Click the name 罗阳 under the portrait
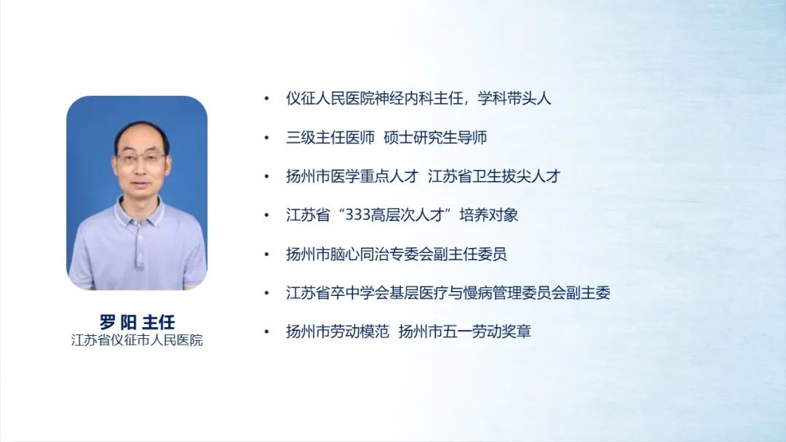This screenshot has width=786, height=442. [117, 322]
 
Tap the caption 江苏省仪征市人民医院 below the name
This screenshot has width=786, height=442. [137, 340]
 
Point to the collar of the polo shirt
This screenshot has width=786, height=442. [140, 211]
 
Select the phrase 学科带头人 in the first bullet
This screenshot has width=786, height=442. [515, 98]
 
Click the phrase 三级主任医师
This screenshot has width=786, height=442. [330, 137]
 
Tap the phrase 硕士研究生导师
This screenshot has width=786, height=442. [436, 137]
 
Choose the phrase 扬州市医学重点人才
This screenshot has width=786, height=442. [352, 176]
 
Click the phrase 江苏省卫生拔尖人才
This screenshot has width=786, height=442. [494, 176]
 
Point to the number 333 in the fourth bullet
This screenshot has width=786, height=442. [359, 215]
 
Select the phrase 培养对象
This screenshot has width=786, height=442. [489, 215]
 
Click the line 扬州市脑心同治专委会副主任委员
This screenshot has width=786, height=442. [397, 254]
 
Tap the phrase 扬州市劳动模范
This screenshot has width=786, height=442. [338, 331]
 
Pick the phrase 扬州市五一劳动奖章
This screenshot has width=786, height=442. [464, 331]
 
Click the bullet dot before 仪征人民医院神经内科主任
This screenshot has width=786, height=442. [266, 99]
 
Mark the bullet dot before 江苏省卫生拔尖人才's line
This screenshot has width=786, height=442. [266, 177]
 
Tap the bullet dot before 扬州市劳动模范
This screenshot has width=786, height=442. [266, 332]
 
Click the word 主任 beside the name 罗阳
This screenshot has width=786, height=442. [159, 322]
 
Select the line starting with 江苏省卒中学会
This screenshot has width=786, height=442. [448, 293]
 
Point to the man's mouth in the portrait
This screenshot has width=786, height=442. [141, 186]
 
